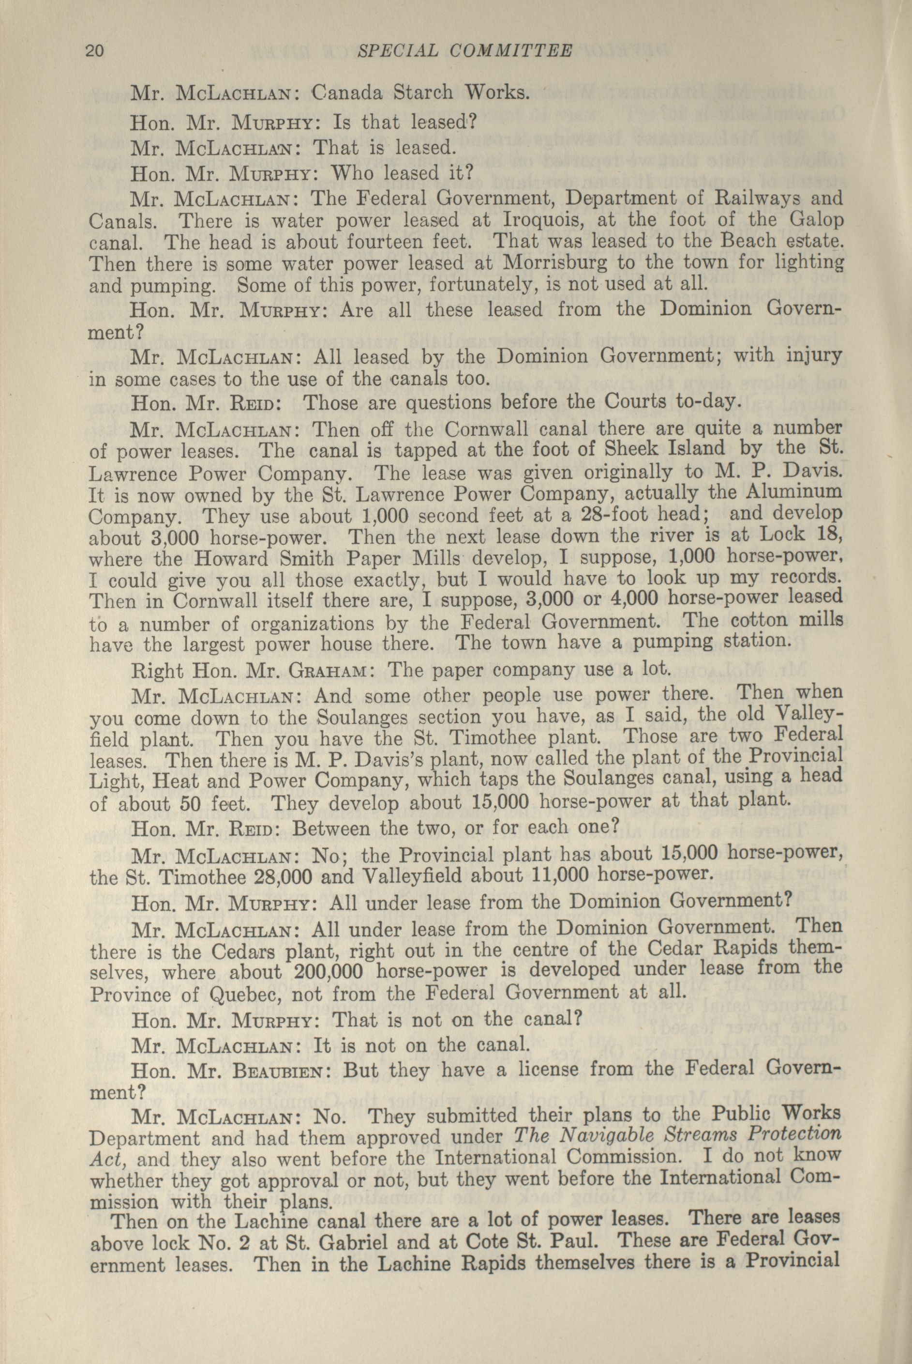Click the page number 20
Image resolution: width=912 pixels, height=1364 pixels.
pos(95,51)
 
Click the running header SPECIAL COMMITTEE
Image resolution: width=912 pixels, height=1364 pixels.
pos(463,51)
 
